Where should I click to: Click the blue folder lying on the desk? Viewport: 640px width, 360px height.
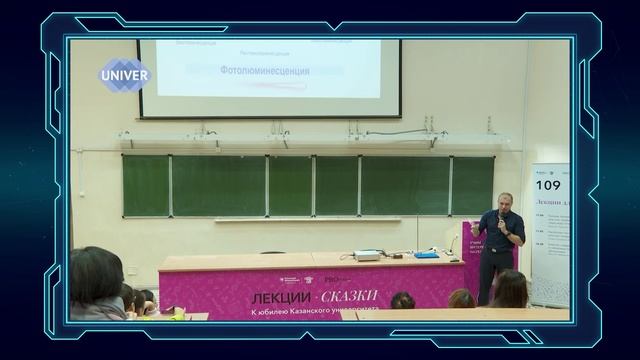tap(425, 255)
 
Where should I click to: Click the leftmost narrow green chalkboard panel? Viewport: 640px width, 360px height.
tap(146, 186)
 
